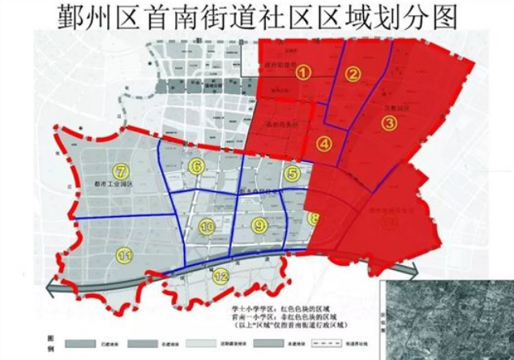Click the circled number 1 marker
[303, 71]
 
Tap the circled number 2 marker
[353, 75]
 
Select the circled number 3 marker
[389, 123]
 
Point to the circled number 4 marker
[324, 144]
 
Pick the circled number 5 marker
[293, 172]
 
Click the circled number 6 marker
[195, 166]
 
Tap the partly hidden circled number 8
[313, 218]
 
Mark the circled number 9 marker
[259, 226]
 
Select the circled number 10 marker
[207, 227]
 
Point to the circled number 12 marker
[221, 276]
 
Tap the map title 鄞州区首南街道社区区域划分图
[257, 18]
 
